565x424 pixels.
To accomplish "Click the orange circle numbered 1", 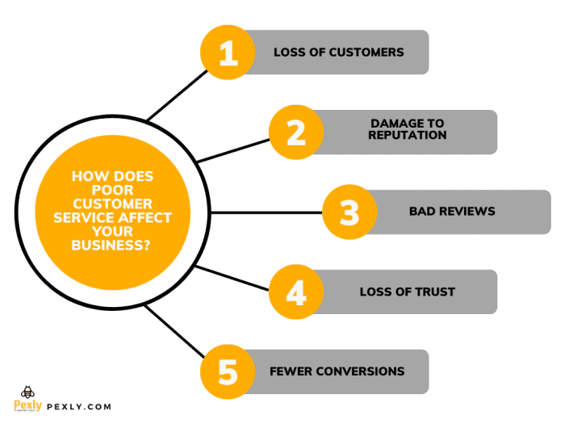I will (228, 52).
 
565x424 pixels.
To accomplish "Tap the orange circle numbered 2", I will (296, 132).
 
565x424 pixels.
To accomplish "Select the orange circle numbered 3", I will (349, 212).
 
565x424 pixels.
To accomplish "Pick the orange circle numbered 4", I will (296, 292).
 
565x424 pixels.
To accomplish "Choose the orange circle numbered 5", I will (228, 372).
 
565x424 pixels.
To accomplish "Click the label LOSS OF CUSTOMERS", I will (338, 52).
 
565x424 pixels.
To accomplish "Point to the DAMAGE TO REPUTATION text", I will (407, 129).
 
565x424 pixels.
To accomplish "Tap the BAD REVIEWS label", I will (452, 212).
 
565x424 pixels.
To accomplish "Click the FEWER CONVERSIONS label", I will (337, 372).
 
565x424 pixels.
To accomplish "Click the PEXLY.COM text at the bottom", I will (79, 407).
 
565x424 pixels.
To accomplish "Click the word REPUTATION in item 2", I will (407, 136).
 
